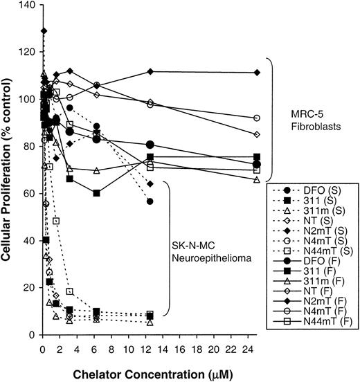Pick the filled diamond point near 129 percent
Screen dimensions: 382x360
(x=44, y=30)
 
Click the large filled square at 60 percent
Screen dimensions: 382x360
(x=96, y=193)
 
